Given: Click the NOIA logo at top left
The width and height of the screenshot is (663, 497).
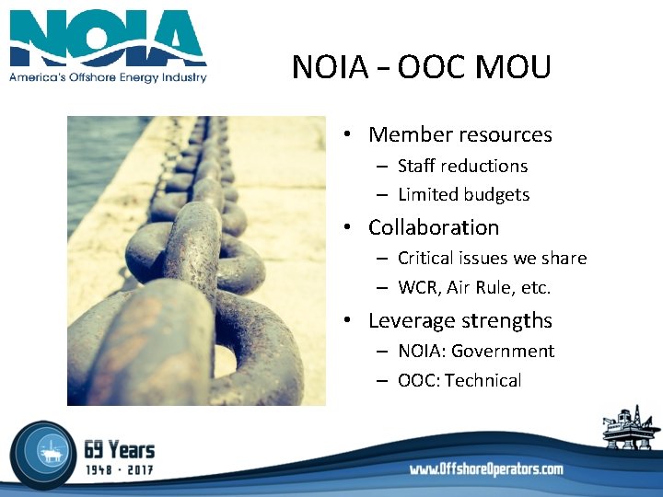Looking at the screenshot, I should (x=108, y=40).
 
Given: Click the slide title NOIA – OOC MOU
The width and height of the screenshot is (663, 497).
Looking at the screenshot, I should (x=421, y=67).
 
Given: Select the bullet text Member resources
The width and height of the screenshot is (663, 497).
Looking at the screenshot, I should (x=459, y=134).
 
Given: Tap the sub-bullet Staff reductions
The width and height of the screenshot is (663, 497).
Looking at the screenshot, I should (x=462, y=166).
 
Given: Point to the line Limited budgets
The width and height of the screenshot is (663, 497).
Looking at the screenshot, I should (x=463, y=194).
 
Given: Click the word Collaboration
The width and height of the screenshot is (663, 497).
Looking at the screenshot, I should (x=433, y=227).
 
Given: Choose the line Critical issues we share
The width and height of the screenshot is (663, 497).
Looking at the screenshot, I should (x=492, y=259).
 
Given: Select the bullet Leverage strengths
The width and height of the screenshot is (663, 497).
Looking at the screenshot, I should (x=459, y=320).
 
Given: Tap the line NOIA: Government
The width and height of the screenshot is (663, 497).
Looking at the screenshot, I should (x=475, y=351).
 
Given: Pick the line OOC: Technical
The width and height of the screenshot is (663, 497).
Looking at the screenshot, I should (x=459, y=380).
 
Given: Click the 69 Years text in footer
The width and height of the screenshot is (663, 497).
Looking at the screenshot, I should (x=119, y=449).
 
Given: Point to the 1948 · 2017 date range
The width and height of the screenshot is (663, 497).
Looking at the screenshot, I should (x=119, y=469).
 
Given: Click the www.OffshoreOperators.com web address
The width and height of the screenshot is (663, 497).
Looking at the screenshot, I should (x=486, y=469).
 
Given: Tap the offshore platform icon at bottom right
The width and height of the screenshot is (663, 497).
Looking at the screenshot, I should (x=631, y=428).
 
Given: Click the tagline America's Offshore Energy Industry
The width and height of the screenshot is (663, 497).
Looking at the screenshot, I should (x=108, y=77).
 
